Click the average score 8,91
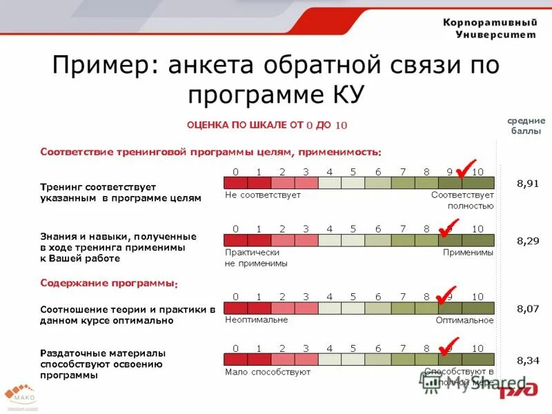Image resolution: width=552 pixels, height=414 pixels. pyautogui.click(x=528, y=184)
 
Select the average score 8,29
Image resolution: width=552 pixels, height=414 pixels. pyautogui.click(x=528, y=241)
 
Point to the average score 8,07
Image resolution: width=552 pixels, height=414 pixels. pyautogui.click(x=528, y=308)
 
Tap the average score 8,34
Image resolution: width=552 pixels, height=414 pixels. pyautogui.click(x=528, y=359)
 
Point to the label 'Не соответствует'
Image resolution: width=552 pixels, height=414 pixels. pyautogui.click(x=263, y=195)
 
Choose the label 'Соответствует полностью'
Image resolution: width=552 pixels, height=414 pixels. pyautogui.click(x=462, y=200)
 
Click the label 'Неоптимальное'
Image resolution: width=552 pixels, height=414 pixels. pyautogui.click(x=256, y=319)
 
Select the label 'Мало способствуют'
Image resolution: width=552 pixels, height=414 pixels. pyautogui.click(x=268, y=372)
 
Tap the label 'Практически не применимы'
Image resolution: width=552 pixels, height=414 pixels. pyautogui.click(x=256, y=258)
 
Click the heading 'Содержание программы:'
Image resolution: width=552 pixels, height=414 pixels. pyautogui.click(x=109, y=283)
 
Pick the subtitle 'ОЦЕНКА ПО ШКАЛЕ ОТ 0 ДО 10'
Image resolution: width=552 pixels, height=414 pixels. pyautogui.click(x=267, y=125)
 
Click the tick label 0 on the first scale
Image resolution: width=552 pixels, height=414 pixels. pyautogui.click(x=235, y=171)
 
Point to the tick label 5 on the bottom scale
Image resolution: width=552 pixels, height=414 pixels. pyautogui.click(x=353, y=348)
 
